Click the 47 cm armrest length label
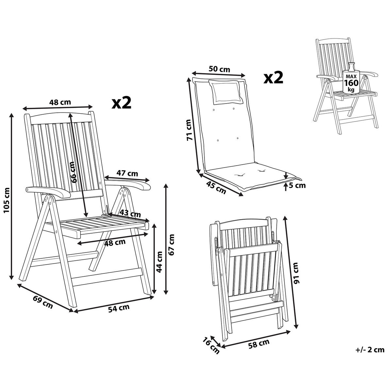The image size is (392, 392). (127, 173)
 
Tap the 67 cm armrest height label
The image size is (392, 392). (172, 244)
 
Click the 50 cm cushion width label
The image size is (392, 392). (219, 69)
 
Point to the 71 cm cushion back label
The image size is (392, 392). (188, 130)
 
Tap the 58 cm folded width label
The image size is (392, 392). (259, 343)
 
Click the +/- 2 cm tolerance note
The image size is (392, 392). (369, 350)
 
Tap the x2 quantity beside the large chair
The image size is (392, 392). (122, 103)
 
